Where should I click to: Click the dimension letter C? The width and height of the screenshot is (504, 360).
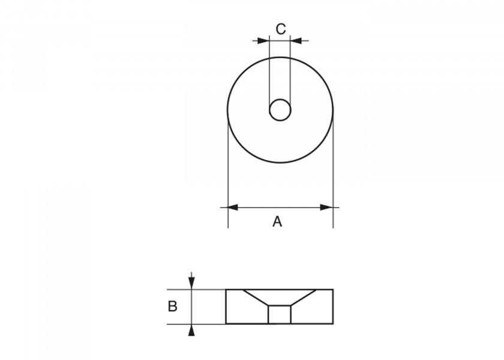point(281,29)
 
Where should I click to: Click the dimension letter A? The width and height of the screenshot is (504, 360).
point(277,221)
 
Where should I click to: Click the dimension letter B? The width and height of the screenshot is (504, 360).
point(173,307)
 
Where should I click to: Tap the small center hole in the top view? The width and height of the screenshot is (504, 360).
point(280,110)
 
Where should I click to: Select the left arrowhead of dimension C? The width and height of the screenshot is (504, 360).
point(263,41)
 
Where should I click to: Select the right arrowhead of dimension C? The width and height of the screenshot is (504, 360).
point(296,41)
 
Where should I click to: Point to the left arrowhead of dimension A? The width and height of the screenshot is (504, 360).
point(233,208)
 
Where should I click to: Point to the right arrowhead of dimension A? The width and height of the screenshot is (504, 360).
point(326,208)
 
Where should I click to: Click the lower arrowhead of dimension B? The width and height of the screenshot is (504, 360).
point(191,330)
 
